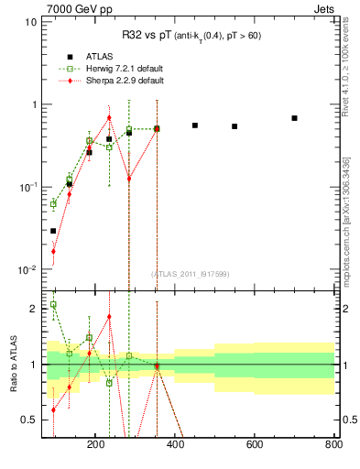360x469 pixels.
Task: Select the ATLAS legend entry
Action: coord(83,54)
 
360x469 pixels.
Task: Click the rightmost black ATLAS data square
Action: coord(294,118)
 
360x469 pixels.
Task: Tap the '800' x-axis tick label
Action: coord(333,445)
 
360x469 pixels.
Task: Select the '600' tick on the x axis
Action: coord(254,445)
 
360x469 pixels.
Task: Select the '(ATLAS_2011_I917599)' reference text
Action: coord(191,274)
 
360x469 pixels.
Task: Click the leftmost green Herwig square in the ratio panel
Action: coord(53,305)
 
